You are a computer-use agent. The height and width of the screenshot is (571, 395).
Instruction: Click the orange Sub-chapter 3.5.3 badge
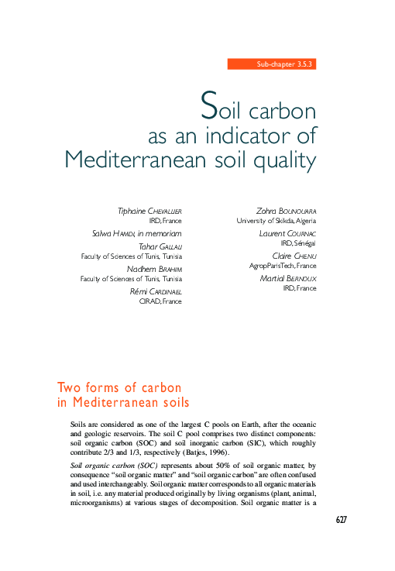pyautogui.click(x=272, y=64)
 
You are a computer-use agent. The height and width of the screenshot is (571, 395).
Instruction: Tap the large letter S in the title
pyautogui.click(x=208, y=103)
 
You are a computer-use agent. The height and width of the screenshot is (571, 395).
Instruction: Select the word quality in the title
pyautogui.click(x=287, y=160)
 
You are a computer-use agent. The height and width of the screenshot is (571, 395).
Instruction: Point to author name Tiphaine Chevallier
pyautogui.click(x=149, y=211)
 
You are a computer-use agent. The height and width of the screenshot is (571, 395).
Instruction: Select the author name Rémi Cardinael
pyautogui.click(x=155, y=291)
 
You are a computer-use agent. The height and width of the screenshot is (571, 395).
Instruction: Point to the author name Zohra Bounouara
pyautogui.click(x=286, y=211)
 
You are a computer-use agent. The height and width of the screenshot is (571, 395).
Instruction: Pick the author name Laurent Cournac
pyautogui.click(x=288, y=233)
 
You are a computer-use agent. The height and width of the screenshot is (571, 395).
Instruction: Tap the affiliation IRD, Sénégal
pyautogui.click(x=298, y=243)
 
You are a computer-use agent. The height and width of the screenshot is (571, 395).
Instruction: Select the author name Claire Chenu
pyautogui.click(x=294, y=256)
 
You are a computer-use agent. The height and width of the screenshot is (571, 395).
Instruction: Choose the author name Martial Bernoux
pyautogui.click(x=289, y=277)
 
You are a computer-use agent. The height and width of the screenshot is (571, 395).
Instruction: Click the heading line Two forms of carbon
pyautogui.click(x=119, y=387)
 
